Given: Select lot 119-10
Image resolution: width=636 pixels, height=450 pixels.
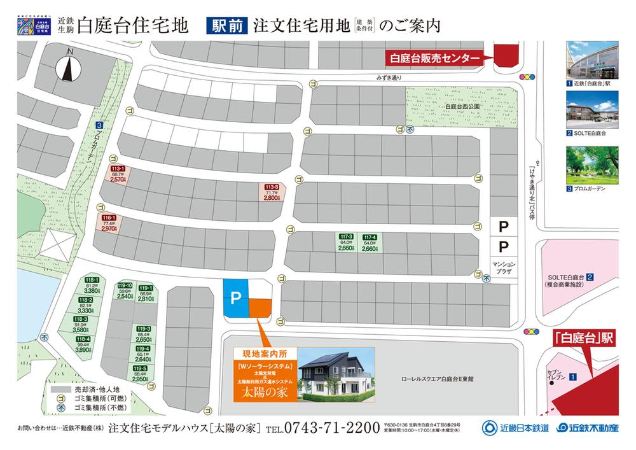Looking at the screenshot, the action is click(x=125, y=291).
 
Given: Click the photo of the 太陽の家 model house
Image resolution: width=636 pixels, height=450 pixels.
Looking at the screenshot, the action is click(x=335, y=374).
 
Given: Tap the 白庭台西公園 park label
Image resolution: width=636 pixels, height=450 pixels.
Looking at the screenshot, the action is click(x=445, y=106).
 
